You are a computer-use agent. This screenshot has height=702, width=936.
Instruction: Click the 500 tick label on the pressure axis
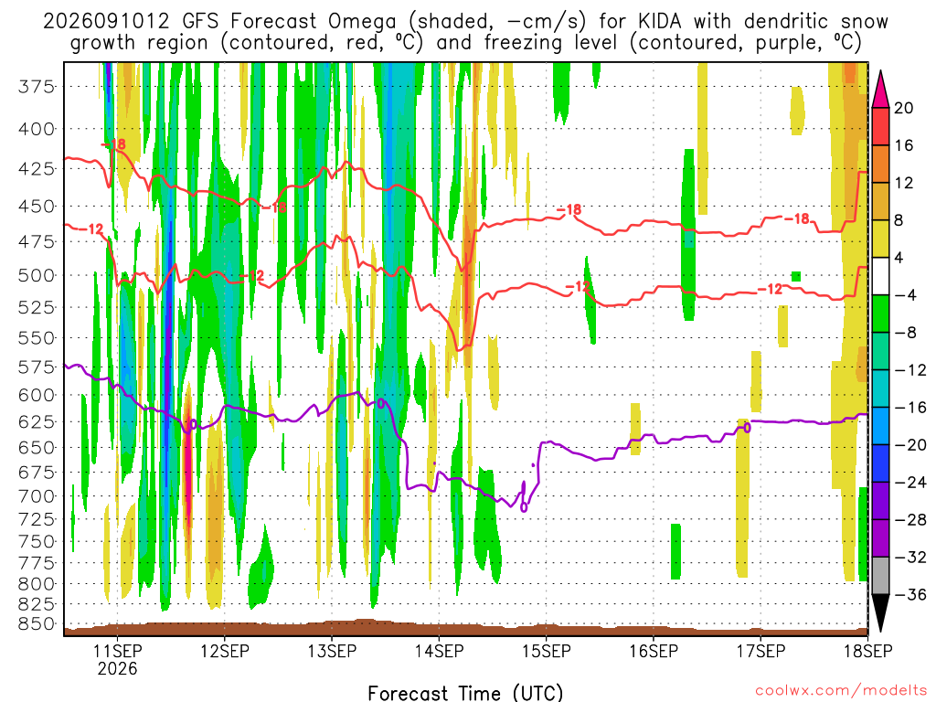pyautogui.click(x=36, y=276)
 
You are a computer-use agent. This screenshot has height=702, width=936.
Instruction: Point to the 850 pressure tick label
pyautogui.click(x=36, y=623)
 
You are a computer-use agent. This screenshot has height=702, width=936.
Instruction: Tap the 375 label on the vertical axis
pyautogui.click(x=36, y=87)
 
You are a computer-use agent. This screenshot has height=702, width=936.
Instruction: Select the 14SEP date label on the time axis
pyautogui.click(x=439, y=651)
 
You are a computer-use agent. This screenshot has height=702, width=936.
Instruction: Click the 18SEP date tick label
pyautogui.click(x=868, y=651)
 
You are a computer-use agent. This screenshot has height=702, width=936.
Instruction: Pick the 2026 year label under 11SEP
pyautogui.click(x=117, y=668)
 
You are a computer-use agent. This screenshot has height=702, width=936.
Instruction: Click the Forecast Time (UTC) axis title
pyautogui.click(x=465, y=693)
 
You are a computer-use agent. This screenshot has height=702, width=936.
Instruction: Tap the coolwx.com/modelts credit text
pyautogui.click(x=841, y=691)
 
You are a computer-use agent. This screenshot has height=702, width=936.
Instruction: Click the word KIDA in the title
pyautogui.click(x=660, y=22)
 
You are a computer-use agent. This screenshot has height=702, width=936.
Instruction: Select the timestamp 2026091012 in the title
pyautogui.click(x=107, y=22)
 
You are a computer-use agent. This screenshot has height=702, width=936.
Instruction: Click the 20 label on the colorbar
pyautogui.click(x=903, y=108)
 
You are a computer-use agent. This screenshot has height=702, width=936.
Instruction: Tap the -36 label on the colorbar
pyautogui.click(x=909, y=595)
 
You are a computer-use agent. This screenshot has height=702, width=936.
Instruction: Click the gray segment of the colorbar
pyautogui.click(x=880, y=576)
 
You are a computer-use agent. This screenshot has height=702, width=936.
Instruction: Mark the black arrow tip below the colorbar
pyautogui.click(x=880, y=632)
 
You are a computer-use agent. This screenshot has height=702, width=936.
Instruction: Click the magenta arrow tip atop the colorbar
pyautogui.click(x=880, y=71)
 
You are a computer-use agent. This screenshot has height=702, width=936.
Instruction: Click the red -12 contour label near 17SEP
pyautogui.click(x=770, y=290)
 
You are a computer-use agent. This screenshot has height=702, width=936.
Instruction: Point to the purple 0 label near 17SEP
pyautogui.click(x=747, y=428)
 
